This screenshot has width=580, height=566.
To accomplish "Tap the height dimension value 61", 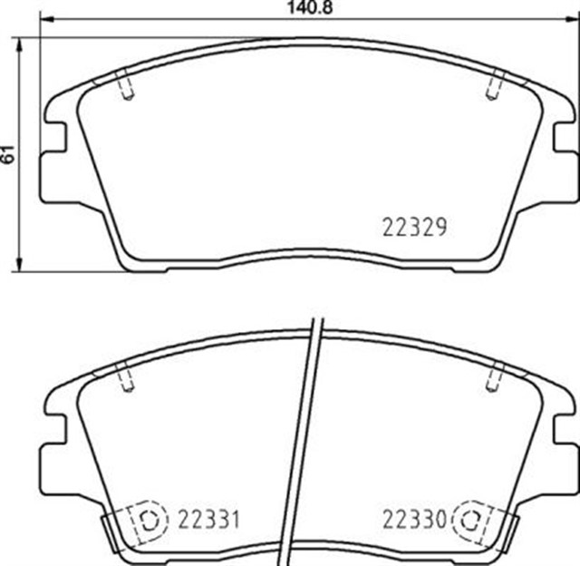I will coord(8,153).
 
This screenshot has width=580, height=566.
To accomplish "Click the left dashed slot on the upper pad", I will coord(127,88).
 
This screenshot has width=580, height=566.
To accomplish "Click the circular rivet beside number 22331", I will coord(151,520).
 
